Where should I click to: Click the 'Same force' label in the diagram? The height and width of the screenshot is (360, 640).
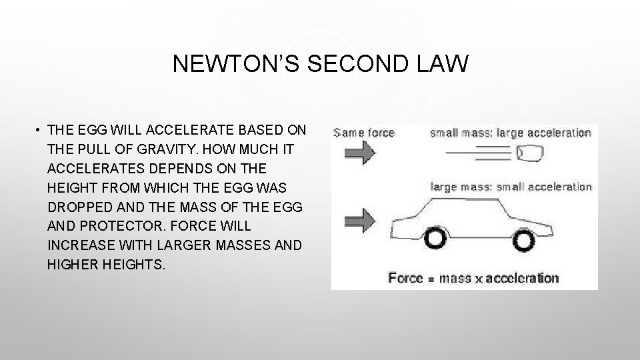click(365, 133)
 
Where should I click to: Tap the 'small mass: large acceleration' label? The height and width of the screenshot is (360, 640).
click(511, 133)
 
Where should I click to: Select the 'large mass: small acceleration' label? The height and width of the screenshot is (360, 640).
click(511, 187)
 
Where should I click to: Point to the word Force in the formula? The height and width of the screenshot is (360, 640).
click(405, 277)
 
